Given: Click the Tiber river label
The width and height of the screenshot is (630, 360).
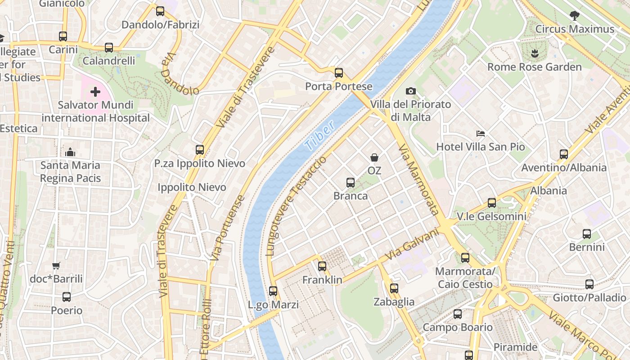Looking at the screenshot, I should click(x=319, y=135).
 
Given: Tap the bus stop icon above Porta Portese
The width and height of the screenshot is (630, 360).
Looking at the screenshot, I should click(x=339, y=72).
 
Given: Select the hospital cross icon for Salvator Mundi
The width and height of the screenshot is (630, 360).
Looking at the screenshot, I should click(x=95, y=92).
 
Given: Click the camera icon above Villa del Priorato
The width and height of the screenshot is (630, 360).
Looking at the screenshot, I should click(x=410, y=91).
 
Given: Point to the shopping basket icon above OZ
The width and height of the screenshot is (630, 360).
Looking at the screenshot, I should click(x=374, y=157).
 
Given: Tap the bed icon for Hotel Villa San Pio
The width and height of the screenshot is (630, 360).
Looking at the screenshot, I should click(x=481, y=134).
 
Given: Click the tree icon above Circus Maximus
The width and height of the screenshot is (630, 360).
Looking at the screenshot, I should click(x=574, y=16).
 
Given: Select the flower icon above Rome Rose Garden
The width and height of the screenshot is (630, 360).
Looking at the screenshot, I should click(x=535, y=54).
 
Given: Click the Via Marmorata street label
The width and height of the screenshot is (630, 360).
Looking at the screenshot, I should click(x=418, y=180).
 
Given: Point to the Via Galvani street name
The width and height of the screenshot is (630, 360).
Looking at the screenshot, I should click(x=412, y=244).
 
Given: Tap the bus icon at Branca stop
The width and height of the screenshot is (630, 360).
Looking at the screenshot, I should click(x=351, y=182).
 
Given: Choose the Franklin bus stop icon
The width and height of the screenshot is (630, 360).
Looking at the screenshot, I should click(x=322, y=266).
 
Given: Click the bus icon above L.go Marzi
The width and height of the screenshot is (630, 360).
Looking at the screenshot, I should click(x=273, y=291).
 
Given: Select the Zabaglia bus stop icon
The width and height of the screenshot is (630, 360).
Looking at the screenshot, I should click(x=394, y=288).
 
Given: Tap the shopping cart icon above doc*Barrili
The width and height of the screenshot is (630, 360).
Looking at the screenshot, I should click(x=56, y=265).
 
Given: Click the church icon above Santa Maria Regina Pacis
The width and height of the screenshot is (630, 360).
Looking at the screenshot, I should click(x=70, y=152).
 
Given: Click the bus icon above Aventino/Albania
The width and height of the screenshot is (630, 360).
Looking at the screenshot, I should click(x=564, y=154).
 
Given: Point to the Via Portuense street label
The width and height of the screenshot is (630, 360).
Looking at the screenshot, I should click(x=228, y=227).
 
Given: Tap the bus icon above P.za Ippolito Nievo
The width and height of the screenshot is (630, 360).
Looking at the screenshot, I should click(x=200, y=149).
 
